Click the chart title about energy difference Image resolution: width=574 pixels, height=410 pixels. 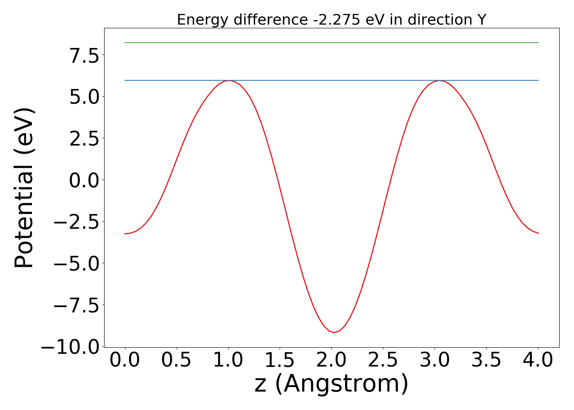331,20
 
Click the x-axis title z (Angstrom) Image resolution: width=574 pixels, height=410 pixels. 331,384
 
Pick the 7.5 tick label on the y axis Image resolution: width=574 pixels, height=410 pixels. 84,56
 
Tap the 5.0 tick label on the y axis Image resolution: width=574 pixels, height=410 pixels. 84,97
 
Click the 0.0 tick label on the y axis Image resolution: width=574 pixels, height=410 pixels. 84,180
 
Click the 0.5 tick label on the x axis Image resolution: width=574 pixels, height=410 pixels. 176,360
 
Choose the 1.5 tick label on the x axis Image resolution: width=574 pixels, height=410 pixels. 280,360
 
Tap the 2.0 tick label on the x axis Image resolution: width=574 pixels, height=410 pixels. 331,360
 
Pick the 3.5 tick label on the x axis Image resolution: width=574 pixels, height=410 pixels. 486,360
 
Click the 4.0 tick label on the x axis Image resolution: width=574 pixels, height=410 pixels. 538,360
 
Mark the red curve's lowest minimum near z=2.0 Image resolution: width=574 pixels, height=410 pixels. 334,333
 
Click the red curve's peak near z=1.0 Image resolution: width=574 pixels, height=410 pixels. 229,81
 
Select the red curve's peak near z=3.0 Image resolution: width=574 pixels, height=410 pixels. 440,81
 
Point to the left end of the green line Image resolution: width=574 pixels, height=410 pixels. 125,43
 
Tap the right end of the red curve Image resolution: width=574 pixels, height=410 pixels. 538,233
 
